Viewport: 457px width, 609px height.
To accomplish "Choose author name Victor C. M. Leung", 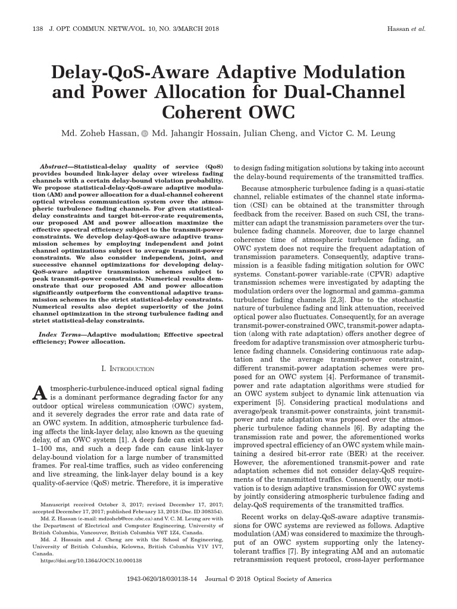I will tap(356, 133).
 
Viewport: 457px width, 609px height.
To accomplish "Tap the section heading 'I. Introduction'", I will tap(129, 369).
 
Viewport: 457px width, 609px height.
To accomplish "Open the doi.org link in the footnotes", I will tap(90, 560).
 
